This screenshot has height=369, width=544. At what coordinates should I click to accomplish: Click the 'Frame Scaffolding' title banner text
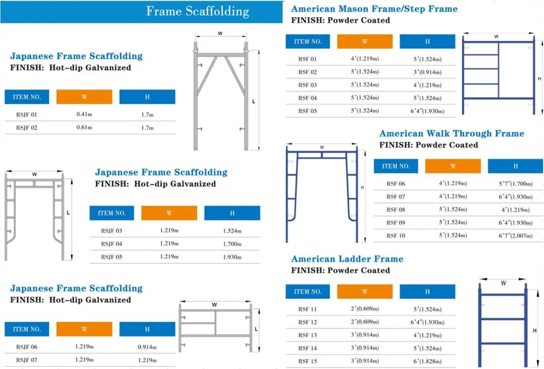(197, 11)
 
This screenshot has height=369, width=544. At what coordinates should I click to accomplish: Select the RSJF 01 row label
(27, 114)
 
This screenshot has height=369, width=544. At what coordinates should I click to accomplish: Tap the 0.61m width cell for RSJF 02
(84, 128)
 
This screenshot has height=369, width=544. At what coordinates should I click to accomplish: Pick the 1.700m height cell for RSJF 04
(232, 244)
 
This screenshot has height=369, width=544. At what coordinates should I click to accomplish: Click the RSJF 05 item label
(111, 257)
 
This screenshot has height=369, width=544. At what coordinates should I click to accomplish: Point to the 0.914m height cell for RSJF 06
(147, 347)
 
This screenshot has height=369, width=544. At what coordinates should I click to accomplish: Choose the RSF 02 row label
(308, 72)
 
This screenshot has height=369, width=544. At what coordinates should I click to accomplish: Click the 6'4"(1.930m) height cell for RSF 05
(427, 111)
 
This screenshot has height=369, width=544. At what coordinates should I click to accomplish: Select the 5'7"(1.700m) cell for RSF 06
(515, 184)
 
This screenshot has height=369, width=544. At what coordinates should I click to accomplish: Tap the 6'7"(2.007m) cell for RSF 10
(515, 236)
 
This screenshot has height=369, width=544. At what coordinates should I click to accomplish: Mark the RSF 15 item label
(308, 361)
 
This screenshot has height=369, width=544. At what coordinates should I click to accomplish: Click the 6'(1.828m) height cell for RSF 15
(427, 361)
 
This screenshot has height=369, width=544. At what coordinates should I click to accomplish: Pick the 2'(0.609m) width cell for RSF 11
(364, 309)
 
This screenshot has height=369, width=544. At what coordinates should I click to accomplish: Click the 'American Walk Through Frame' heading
(452, 134)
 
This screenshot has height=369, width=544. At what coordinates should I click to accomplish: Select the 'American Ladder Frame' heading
(347, 259)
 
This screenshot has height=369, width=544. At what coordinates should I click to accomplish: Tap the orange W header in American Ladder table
(364, 292)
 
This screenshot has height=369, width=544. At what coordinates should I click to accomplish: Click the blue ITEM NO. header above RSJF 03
(111, 213)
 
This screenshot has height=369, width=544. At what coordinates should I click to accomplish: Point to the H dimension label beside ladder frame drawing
(535, 330)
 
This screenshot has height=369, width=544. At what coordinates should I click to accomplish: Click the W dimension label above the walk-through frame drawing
(322, 147)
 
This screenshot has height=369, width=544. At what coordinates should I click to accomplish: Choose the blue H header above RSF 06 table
(515, 166)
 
